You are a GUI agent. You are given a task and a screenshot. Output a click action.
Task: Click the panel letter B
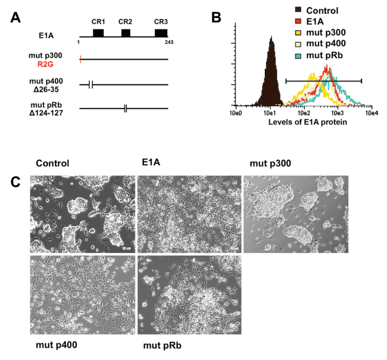[x=216, y=17]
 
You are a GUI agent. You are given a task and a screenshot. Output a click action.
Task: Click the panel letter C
[x=16, y=181]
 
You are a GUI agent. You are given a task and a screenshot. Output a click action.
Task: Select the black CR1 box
[x=98, y=33]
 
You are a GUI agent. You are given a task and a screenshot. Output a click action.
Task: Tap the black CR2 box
[x=126, y=33]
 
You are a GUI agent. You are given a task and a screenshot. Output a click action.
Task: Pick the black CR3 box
[x=161, y=33]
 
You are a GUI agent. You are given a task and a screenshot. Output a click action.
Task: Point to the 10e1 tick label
[x=270, y=113]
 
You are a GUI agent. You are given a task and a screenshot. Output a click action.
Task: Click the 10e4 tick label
[x=372, y=113]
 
